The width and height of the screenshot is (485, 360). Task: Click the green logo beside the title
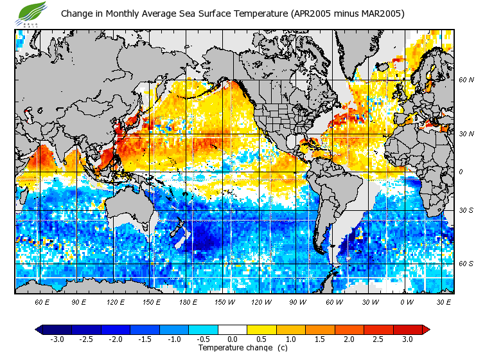tap(33, 12)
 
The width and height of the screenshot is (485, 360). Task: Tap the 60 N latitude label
tap(466, 80)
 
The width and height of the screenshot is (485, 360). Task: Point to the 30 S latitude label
tap(466, 211)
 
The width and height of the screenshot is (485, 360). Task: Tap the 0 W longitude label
tap(407, 301)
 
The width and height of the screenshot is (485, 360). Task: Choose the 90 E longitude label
tap(79, 301)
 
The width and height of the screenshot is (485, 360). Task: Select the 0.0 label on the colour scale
tap(233, 339)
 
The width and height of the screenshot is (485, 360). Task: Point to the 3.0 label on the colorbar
tap(408, 339)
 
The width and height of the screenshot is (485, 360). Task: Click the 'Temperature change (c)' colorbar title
tap(233, 348)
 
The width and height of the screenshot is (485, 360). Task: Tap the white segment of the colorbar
tap(233, 329)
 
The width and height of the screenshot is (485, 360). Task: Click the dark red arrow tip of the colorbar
tap(426, 329)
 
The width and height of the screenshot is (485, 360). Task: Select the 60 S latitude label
tap(466, 264)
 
